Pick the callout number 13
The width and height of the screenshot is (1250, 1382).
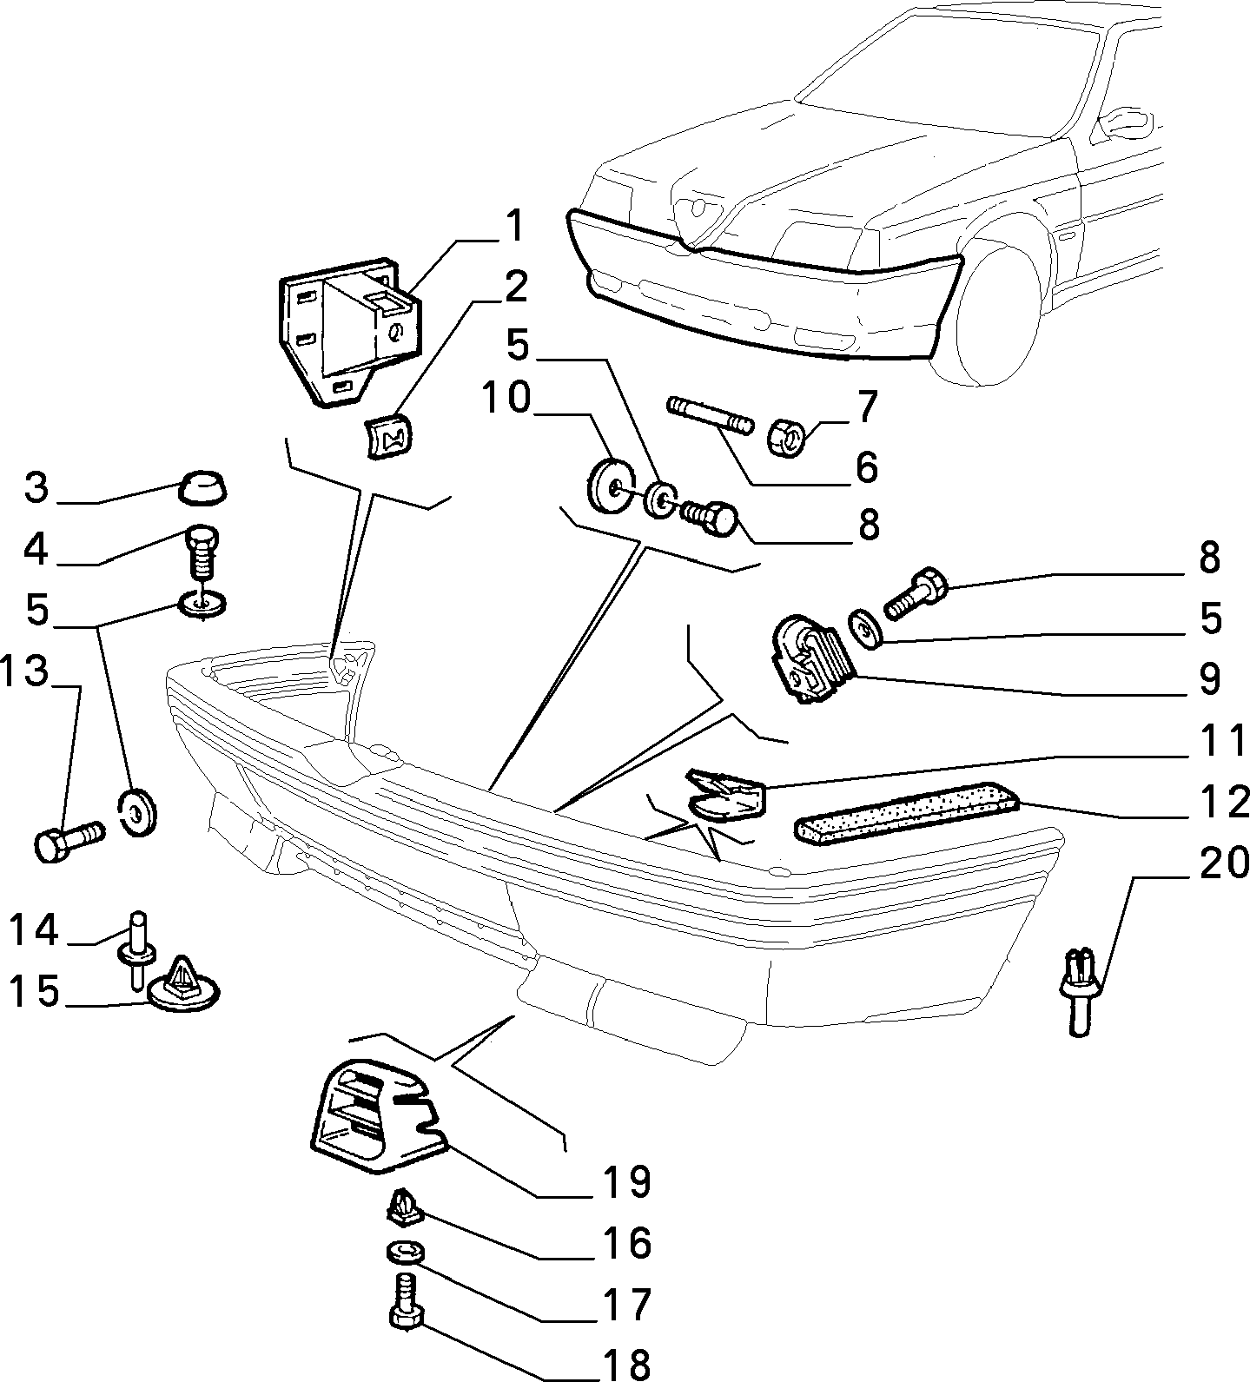(x=23, y=674)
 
